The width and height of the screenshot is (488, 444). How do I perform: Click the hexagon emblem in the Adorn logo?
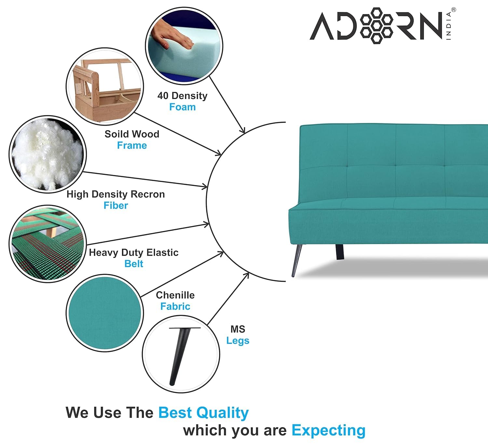pos(377,26)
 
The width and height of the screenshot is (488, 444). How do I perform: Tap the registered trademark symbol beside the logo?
pos(454,10)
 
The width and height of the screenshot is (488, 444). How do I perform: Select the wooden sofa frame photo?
pos(105,87)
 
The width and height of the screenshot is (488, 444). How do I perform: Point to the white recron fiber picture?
pos(48,154)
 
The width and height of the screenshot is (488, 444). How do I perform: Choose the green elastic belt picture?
pos(48,244)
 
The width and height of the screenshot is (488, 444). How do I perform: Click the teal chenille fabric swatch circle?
pos(105,313)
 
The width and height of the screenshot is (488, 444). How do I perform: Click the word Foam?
pos(183,107)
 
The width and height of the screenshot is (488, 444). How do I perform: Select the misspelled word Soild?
pos(115,134)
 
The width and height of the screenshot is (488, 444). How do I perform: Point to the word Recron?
pos(148,194)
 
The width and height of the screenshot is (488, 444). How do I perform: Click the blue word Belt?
pos(134,264)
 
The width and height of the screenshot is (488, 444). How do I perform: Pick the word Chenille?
pos(175,295)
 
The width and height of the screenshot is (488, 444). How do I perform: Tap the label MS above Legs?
pos(238,329)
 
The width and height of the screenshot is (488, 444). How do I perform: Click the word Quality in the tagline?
pos(222,413)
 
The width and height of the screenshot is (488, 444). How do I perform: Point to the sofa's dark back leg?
pos(340,252)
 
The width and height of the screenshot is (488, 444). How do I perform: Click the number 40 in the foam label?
pos(163,96)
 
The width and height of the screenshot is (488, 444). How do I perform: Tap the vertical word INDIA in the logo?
pos(449,26)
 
